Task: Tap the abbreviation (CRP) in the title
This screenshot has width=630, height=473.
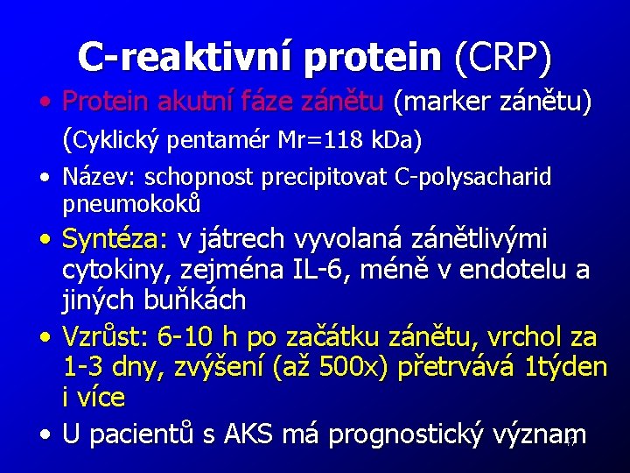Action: point(503,57)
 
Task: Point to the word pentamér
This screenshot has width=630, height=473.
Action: point(220,139)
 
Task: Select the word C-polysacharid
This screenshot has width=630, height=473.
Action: point(473,178)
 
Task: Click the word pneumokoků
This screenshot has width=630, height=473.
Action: point(132,204)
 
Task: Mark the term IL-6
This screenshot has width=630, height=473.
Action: point(303,270)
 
